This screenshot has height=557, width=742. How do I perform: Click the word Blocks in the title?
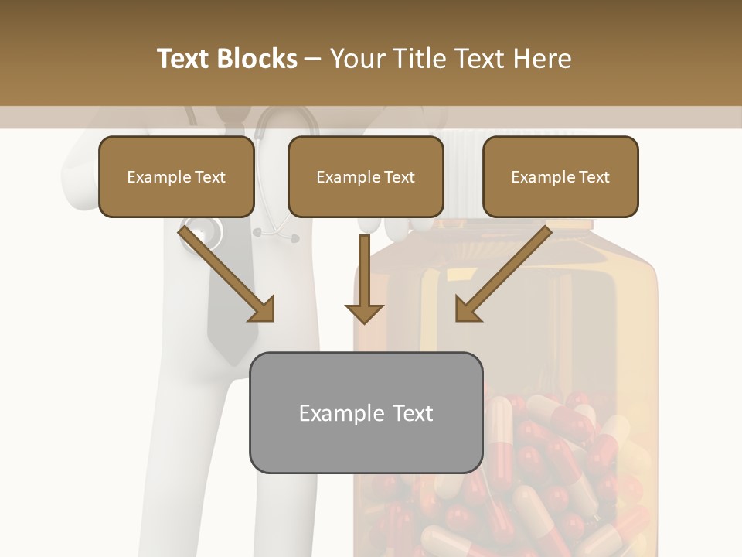[x=256, y=59]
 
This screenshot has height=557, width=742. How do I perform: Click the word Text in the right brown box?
[x=594, y=177]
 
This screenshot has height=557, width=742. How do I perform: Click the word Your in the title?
[x=356, y=59]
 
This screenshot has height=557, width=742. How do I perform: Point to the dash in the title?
[x=313, y=59]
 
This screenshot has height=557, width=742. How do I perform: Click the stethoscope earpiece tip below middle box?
[x=294, y=239]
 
